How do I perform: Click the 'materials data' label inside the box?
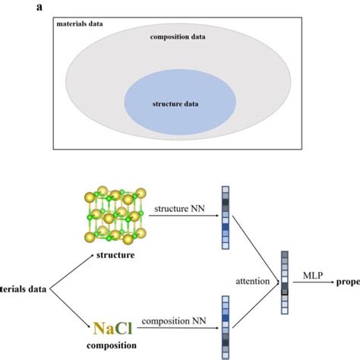tap(79, 24)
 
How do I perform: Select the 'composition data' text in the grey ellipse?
tap(177, 36)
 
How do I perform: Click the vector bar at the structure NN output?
tap(225, 217)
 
